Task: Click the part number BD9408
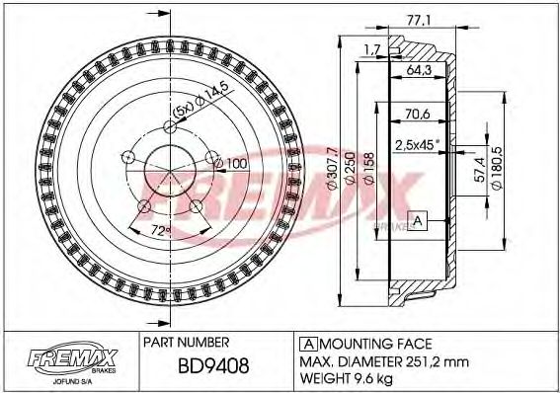coord(214,368)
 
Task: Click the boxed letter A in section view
coord(418,221)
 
